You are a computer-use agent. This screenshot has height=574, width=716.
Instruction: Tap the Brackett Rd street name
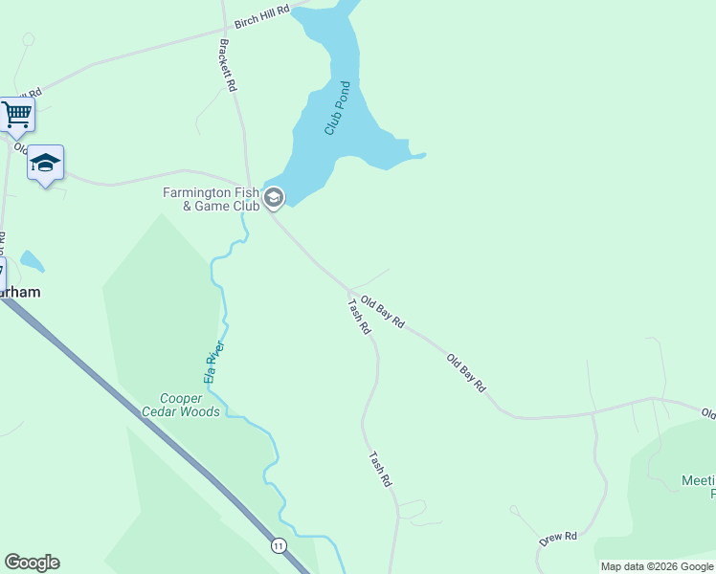[228, 64]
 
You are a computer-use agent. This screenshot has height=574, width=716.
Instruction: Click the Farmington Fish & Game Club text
[211, 199]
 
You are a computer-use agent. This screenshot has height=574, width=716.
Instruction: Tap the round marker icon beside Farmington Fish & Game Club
[274, 198]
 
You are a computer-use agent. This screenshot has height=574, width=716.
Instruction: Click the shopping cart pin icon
[16, 115]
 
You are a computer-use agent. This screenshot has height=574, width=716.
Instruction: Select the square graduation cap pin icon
[45, 163]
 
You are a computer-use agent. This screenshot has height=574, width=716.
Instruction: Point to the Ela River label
[213, 363]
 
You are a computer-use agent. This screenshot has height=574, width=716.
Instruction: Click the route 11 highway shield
[279, 545]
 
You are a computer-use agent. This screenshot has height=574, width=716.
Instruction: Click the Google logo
[32, 563]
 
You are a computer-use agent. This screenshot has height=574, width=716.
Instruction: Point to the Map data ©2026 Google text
[658, 566]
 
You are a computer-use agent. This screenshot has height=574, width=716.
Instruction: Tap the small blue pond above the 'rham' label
[32, 261]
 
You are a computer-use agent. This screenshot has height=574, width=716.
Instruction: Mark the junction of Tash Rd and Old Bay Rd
[349, 290]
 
